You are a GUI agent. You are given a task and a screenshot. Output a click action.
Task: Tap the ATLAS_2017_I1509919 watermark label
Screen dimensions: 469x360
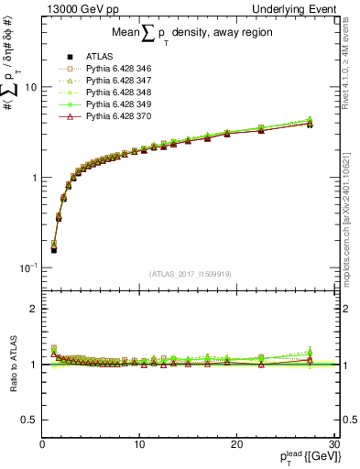[190, 273]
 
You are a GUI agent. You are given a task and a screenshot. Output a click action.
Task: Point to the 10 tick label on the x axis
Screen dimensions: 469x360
[139, 444]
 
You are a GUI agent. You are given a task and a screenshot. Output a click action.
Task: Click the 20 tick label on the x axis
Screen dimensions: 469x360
[236, 444]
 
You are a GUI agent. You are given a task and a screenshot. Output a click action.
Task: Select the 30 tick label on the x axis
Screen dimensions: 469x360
[333, 444]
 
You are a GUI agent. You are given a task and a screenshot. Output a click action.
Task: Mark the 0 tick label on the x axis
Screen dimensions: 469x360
[43, 444]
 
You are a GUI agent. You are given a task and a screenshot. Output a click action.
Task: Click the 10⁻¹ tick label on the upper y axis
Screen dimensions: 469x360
[28, 267]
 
